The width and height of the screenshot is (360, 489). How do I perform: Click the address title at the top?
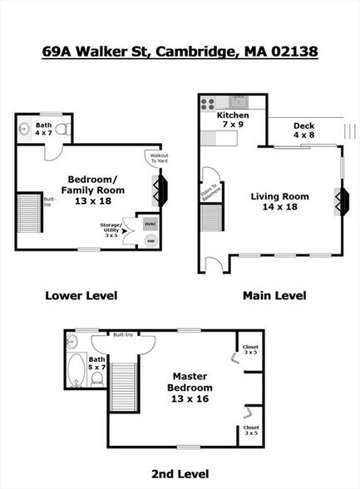pyautogui.click(x=180, y=52)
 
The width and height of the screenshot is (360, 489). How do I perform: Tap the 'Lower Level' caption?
pyautogui.click(x=81, y=295)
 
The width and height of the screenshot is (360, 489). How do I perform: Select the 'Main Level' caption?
pyautogui.click(x=274, y=295)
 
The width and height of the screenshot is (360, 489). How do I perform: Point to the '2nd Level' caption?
pyautogui.click(x=180, y=474)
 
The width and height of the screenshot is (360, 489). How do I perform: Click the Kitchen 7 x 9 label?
pyautogui.click(x=234, y=120)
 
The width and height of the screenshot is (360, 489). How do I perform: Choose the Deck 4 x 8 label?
pyautogui.click(x=304, y=131)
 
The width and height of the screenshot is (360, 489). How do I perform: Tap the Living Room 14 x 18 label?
pyautogui.click(x=280, y=202)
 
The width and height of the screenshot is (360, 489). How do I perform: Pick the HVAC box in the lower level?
pyautogui.click(x=150, y=225)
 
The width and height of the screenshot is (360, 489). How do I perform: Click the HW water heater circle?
pyautogui.click(x=150, y=241)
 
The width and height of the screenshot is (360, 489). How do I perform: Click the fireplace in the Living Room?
pyautogui.click(x=341, y=200)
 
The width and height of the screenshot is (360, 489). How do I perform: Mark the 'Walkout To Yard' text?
pyautogui.click(x=159, y=159)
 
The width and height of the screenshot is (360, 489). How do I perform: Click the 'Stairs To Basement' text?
pyautogui.click(x=213, y=190)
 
